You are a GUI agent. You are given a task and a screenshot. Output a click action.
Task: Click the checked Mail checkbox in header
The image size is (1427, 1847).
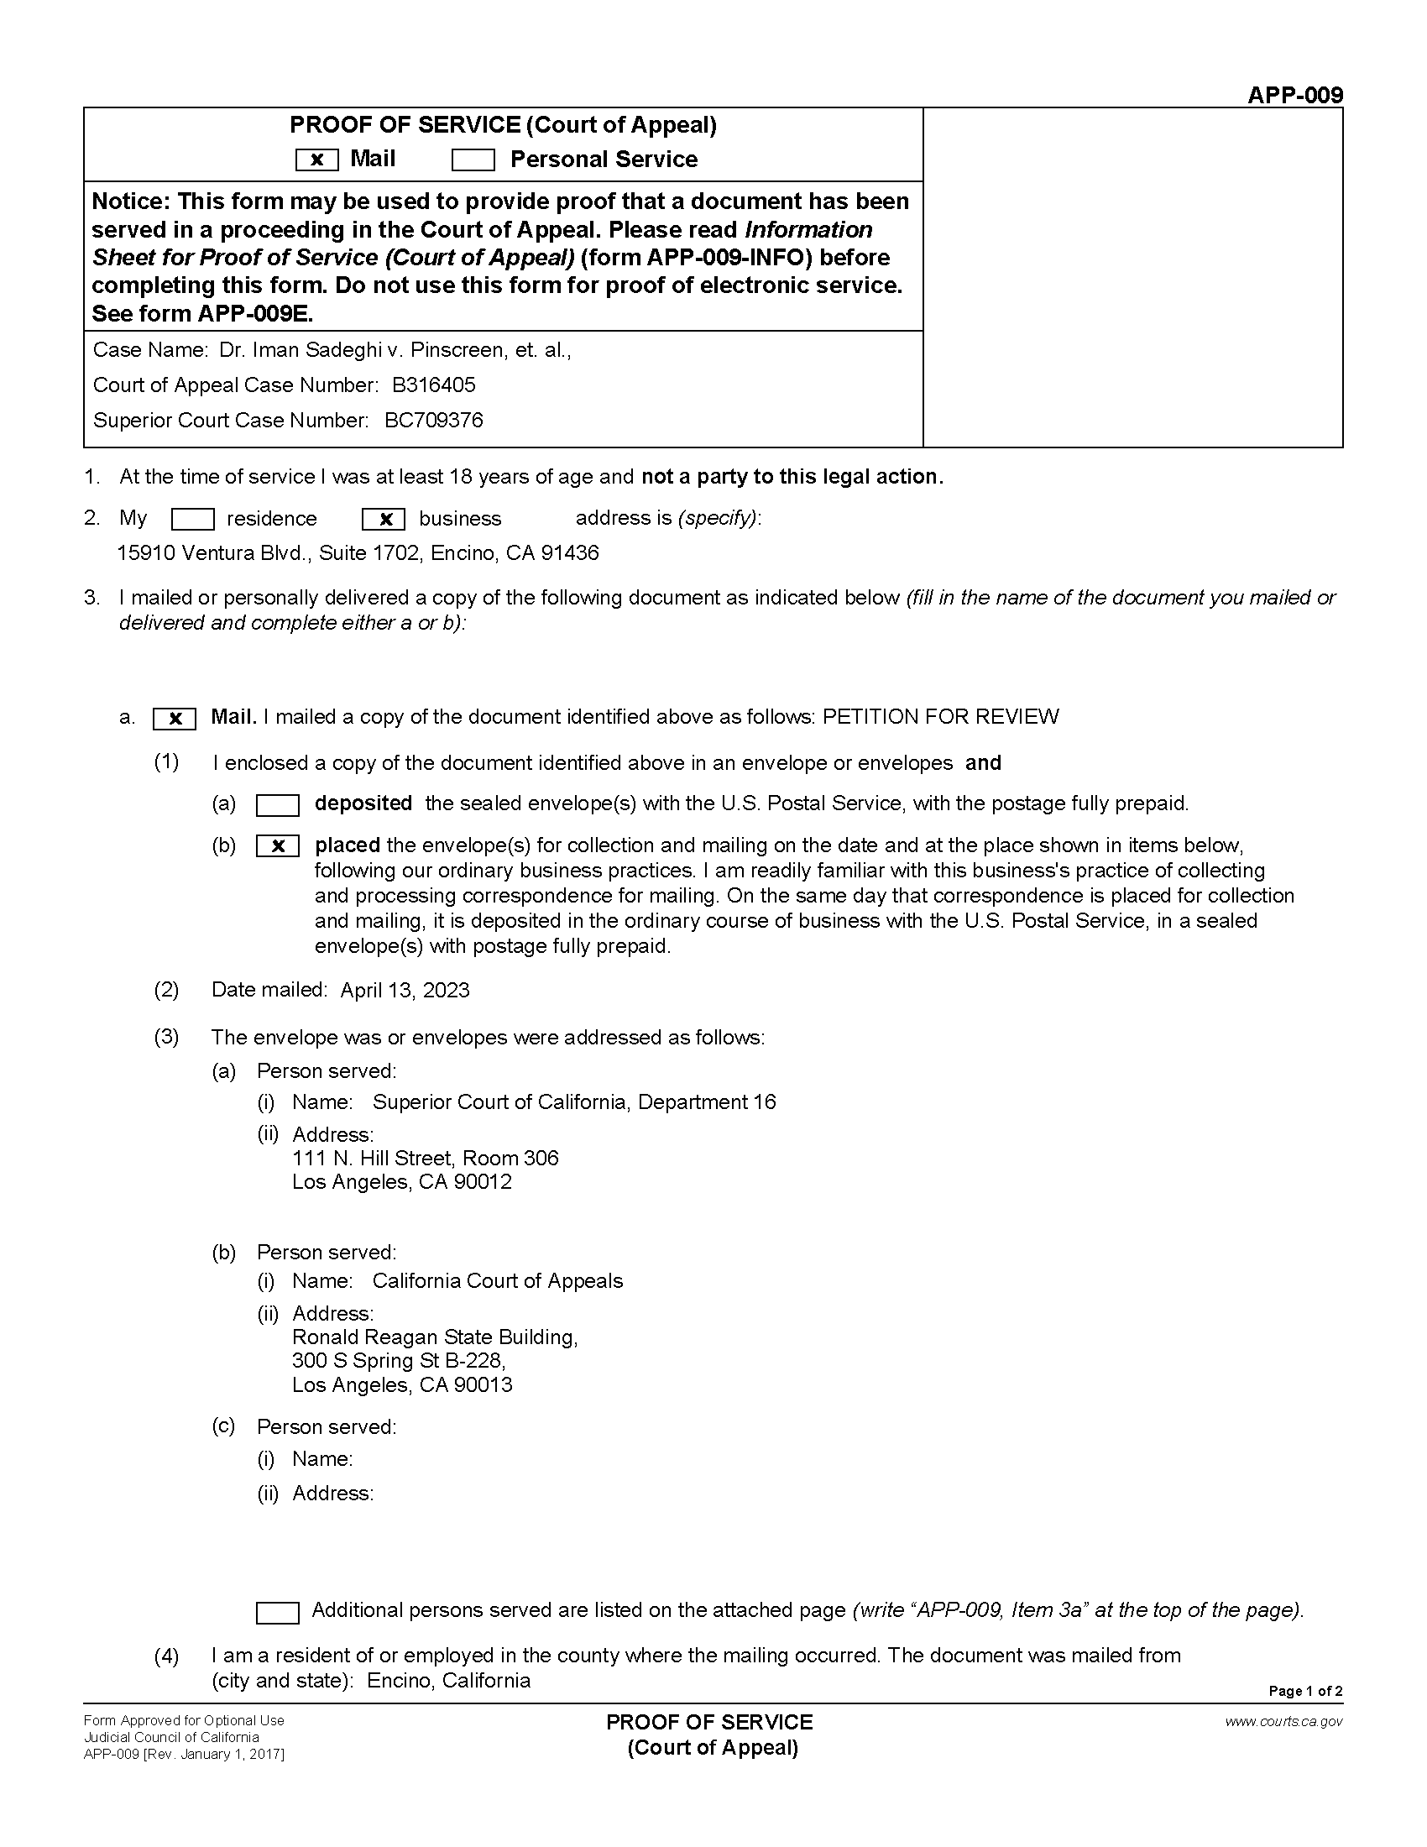[317, 160]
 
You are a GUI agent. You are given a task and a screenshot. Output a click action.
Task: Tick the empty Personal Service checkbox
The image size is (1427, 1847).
[473, 160]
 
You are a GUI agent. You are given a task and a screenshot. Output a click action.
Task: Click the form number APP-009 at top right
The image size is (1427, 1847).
[1294, 95]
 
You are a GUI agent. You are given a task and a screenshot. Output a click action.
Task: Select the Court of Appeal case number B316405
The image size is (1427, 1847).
[434, 385]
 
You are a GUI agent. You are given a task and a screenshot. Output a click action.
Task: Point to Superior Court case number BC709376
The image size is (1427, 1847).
[434, 421]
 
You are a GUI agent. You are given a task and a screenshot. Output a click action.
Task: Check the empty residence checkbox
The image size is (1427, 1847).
[192, 519]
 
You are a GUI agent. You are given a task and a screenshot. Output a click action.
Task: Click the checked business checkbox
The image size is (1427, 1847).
[383, 519]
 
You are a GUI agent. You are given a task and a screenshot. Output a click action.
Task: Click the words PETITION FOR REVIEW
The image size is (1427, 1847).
[940, 717]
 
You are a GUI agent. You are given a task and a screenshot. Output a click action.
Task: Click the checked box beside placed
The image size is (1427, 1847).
[277, 846]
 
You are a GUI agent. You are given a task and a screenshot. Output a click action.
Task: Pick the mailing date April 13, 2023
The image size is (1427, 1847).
[405, 991]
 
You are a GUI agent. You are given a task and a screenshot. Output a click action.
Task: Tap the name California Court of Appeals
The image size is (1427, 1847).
[497, 1281]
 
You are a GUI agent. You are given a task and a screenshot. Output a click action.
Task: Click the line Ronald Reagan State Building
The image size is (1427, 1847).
[435, 1337]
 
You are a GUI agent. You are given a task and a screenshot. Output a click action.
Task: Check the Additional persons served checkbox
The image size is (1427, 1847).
[277, 1613]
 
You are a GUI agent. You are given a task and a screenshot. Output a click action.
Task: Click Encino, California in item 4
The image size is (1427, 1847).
[448, 1681]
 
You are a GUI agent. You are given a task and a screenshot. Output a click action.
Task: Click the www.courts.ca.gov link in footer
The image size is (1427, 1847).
[1283, 1721]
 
